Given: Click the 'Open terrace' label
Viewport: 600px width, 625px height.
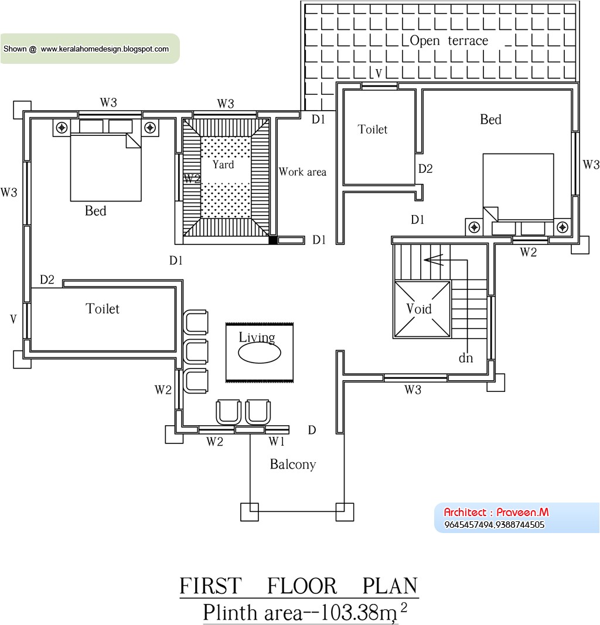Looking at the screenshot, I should click(x=448, y=41).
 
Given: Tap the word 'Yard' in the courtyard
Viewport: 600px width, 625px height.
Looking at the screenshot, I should click(x=223, y=165).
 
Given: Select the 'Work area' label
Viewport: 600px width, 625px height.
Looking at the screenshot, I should click(x=302, y=172).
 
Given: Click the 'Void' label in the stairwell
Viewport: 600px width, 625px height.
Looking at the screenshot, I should click(x=419, y=309).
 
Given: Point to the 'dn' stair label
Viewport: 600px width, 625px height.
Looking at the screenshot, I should click(x=466, y=358).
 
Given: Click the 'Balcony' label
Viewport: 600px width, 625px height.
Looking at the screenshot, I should click(x=293, y=465).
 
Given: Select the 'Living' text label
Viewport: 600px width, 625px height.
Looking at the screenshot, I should click(x=257, y=338).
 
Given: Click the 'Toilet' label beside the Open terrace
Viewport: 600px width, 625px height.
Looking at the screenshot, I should click(x=373, y=129).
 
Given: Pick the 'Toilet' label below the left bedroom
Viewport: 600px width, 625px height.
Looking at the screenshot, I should click(x=103, y=309).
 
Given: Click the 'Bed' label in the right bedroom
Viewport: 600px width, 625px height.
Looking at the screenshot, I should click(x=490, y=119).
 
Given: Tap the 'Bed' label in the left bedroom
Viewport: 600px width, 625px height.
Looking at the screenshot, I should click(x=96, y=211).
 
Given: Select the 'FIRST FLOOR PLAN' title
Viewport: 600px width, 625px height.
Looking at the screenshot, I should click(x=298, y=586).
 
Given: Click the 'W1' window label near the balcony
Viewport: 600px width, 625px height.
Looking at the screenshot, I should click(x=277, y=442).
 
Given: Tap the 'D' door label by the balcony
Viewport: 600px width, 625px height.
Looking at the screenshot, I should click(x=312, y=431).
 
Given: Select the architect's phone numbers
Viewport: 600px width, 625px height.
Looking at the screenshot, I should click(x=494, y=525).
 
